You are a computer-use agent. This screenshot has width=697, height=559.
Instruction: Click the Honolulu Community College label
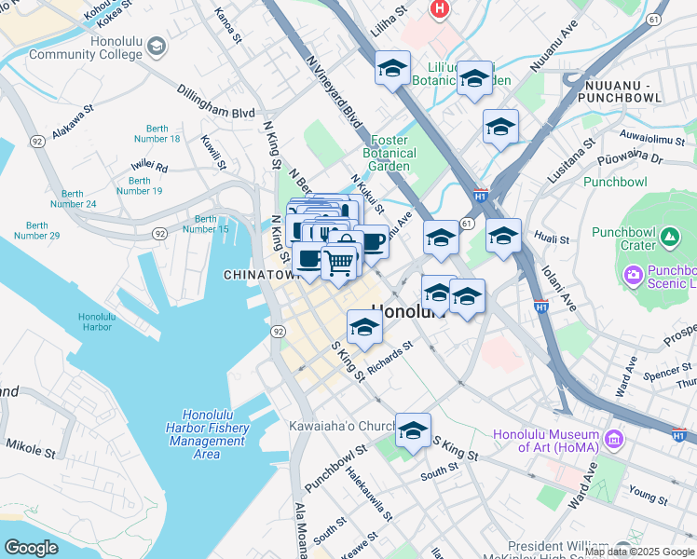pyautogui.click(x=84, y=48)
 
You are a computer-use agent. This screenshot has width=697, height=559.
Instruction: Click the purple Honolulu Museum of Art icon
pyautogui.click(x=614, y=438)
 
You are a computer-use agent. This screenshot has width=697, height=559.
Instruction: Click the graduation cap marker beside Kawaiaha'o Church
pyautogui.click(x=413, y=430)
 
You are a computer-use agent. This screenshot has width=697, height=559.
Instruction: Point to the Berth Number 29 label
pyautogui.click(x=43, y=230)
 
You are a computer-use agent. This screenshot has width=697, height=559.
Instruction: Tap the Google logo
pyautogui.click(x=31, y=547)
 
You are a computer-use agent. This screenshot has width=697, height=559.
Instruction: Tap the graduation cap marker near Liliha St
pyautogui.click(x=393, y=68)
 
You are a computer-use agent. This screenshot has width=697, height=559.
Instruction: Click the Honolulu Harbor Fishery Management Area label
pyautogui.click(x=215, y=434)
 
